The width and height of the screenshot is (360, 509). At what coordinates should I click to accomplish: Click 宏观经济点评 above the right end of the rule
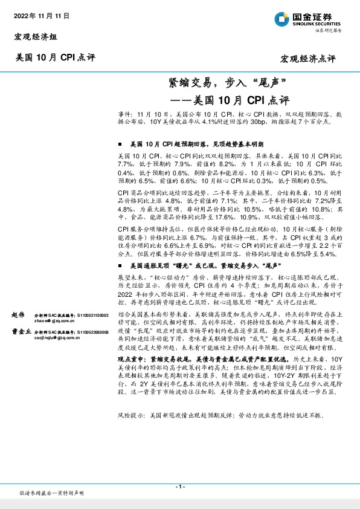coord(307,59)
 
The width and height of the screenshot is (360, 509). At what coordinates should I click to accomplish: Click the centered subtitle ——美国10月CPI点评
coord(230,98)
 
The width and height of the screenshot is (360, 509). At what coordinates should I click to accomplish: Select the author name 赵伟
coord(19,316)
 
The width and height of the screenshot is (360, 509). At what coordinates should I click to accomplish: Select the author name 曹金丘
coord(21,332)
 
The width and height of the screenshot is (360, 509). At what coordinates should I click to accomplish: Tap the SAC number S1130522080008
coord(93,332)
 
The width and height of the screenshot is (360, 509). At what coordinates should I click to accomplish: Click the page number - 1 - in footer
coord(179,487)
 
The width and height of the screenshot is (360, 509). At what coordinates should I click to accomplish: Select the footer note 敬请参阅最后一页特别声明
coord(52,494)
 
